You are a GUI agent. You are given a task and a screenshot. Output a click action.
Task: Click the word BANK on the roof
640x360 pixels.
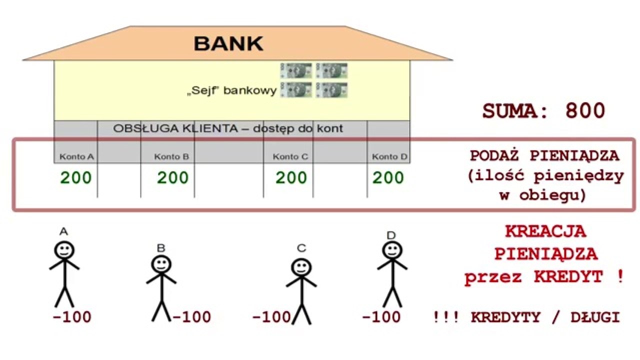228,43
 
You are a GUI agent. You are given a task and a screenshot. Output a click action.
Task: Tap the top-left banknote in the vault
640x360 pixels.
295,70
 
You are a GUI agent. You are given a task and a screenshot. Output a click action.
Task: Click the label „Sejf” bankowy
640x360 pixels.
231,91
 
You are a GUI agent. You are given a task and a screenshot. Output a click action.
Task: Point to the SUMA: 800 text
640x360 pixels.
543,110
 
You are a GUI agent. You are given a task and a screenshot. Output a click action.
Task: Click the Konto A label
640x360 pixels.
76,157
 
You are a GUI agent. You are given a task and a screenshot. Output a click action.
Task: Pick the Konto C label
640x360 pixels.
290,157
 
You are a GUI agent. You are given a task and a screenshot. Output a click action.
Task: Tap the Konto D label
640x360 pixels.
389,157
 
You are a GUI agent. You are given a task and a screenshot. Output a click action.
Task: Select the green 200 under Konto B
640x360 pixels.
173,177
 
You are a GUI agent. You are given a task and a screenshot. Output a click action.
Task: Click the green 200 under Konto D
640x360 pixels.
388,177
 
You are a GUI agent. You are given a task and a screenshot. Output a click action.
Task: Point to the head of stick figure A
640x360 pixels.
64,250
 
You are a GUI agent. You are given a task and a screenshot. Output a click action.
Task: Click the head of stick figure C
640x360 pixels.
301,267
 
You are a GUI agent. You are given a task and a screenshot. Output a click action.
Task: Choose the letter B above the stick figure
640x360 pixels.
160,247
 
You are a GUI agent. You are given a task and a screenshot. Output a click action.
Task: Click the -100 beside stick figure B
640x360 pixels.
191,317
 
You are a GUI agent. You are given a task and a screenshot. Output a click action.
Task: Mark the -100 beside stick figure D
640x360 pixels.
381,317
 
